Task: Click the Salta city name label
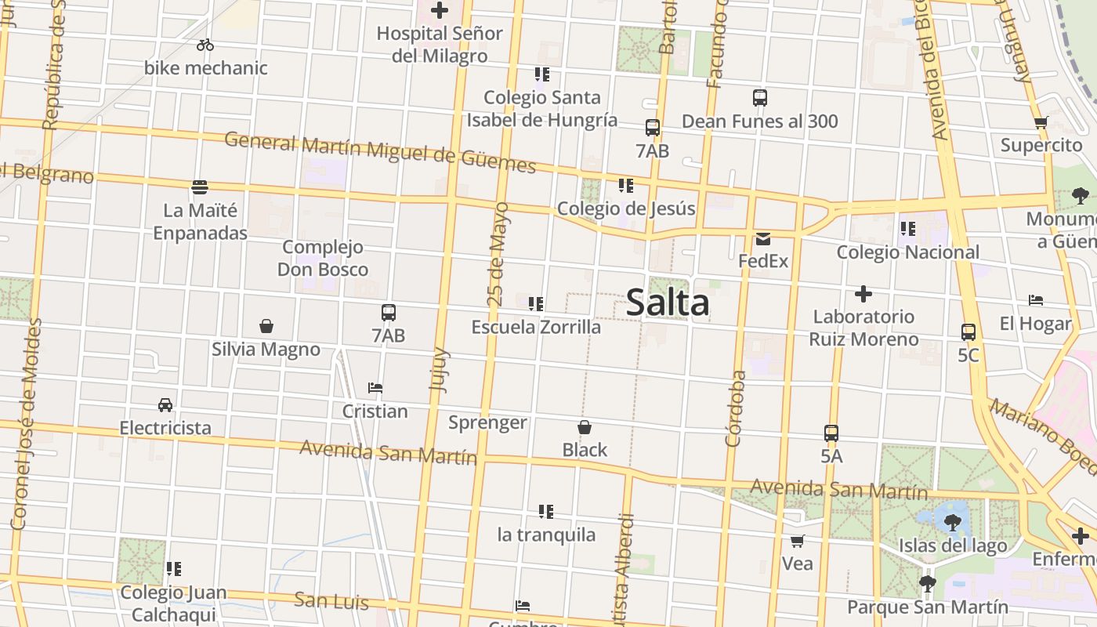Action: pyautogui.click(x=668, y=303)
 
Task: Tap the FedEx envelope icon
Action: pyautogui.click(x=763, y=239)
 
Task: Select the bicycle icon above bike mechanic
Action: pyautogui.click(x=205, y=45)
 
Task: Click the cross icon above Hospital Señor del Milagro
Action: pyautogui.click(x=440, y=11)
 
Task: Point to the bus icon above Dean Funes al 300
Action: pyautogui.click(x=759, y=98)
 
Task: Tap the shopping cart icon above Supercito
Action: pyautogui.click(x=1041, y=122)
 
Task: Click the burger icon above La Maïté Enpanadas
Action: pyautogui.click(x=200, y=187)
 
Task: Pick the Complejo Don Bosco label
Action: pyautogui.click(x=323, y=259)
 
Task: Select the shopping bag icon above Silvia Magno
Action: pyautogui.click(x=266, y=326)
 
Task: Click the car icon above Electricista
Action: pyautogui.click(x=165, y=405)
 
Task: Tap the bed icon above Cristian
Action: pyautogui.click(x=375, y=388)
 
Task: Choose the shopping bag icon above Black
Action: pyautogui.click(x=585, y=427)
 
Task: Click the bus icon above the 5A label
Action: pyautogui.click(x=831, y=433)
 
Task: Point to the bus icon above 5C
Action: pyautogui.click(x=968, y=332)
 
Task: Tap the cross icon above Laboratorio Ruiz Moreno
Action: pyautogui.click(x=863, y=295)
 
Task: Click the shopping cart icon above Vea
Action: pyautogui.click(x=798, y=541)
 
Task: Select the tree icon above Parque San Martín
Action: pyautogui.click(x=928, y=583)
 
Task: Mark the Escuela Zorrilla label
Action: pyautogui.click(x=536, y=327)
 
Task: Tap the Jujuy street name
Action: pyautogui.click(x=439, y=369)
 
